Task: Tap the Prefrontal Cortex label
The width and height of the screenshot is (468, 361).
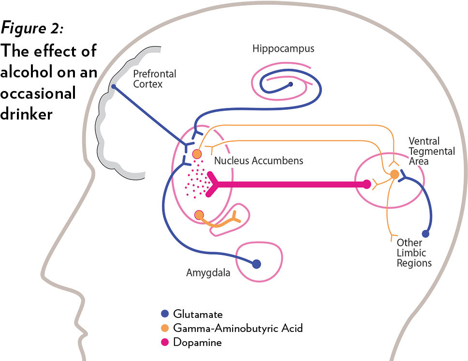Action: click(155, 79)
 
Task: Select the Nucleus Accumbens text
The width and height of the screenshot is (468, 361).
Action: click(259, 161)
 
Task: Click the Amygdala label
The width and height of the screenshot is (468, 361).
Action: click(208, 273)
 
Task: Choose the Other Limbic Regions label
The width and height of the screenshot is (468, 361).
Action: click(414, 253)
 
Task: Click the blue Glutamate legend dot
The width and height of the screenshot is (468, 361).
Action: click(165, 314)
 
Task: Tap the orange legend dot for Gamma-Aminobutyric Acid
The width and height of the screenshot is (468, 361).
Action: click(165, 328)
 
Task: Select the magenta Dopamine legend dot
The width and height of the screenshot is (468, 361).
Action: click(165, 342)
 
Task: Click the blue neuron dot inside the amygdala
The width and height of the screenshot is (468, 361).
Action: click(256, 264)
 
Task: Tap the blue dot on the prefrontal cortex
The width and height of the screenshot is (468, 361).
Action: click(114, 87)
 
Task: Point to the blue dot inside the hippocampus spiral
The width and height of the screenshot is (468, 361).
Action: click(291, 85)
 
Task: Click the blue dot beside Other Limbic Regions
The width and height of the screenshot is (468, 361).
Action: click(425, 234)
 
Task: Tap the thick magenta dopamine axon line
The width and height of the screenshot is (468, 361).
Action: click(290, 184)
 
